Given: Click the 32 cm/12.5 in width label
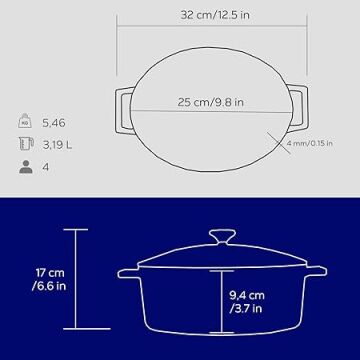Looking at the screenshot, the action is tap(215, 15).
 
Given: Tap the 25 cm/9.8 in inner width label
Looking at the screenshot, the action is tap(211, 102).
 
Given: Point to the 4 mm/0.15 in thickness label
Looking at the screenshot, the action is tap(310, 143).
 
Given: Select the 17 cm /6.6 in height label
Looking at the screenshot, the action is tap(49, 279).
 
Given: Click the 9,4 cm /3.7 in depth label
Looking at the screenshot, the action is tap(247, 302).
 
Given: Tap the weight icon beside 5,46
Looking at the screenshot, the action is tap(25, 121).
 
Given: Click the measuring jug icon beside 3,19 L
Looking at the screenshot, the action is tap(26, 144).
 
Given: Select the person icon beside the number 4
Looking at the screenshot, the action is tap(26, 167).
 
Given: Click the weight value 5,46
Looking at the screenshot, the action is tap(54, 123).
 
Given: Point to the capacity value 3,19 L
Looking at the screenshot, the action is tap(57, 145).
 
